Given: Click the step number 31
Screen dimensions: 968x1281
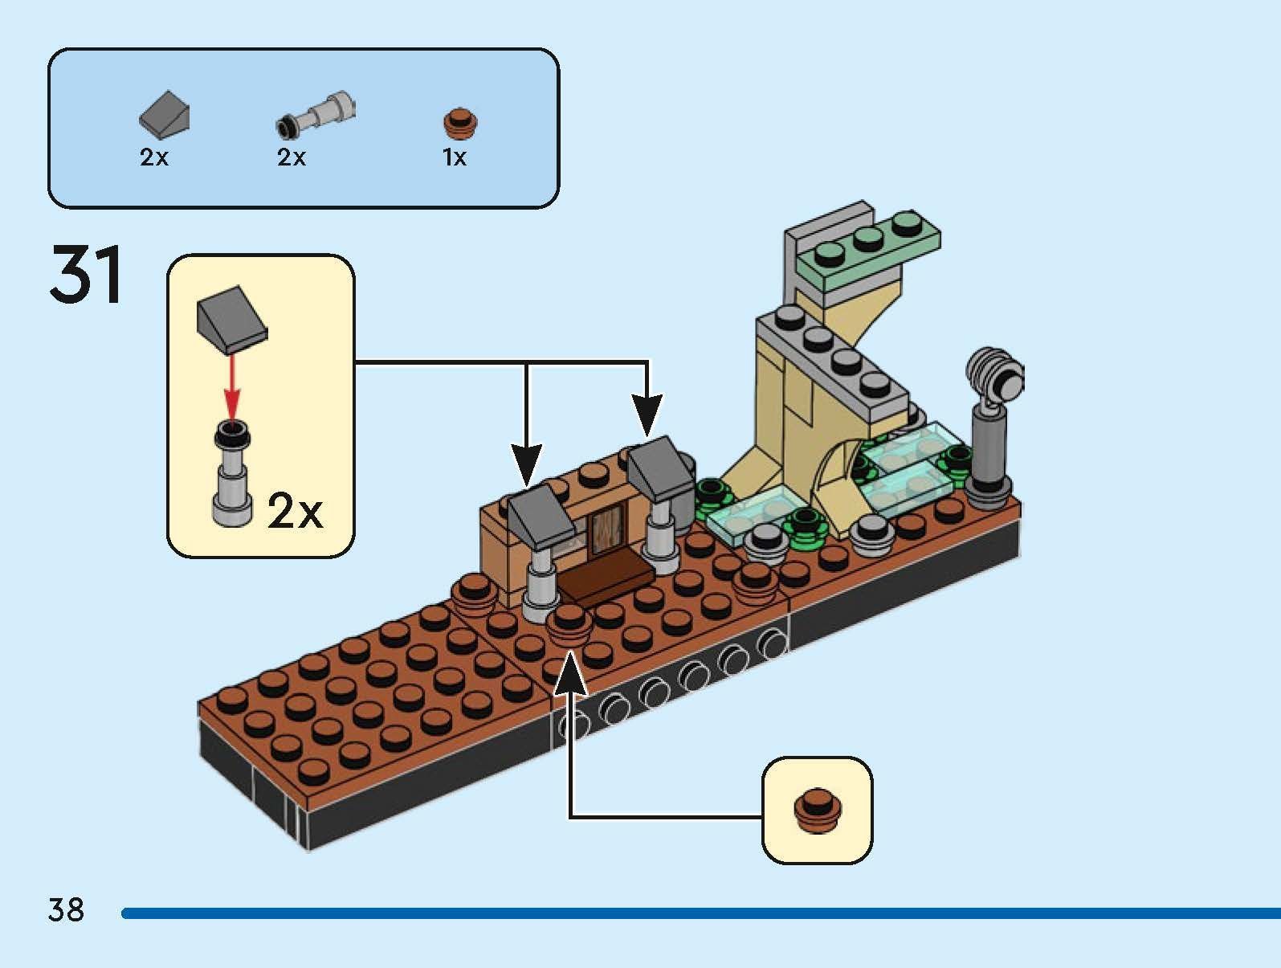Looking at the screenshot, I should coord(87,275).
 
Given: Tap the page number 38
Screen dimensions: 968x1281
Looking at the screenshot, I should coord(66,910).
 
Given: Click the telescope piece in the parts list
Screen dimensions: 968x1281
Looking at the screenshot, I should coord(316,113).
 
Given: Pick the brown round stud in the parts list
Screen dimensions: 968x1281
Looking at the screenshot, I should coord(460,122).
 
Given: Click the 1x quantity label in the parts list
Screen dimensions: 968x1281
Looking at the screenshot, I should coord(455,157).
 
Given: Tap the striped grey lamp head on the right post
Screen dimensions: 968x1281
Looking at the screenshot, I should coord(997,375).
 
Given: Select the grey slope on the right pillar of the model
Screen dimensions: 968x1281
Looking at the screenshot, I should coord(661,467).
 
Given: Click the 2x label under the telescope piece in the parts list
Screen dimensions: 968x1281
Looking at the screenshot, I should coord(292,157).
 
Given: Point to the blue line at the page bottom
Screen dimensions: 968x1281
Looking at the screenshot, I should coord(699,913).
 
